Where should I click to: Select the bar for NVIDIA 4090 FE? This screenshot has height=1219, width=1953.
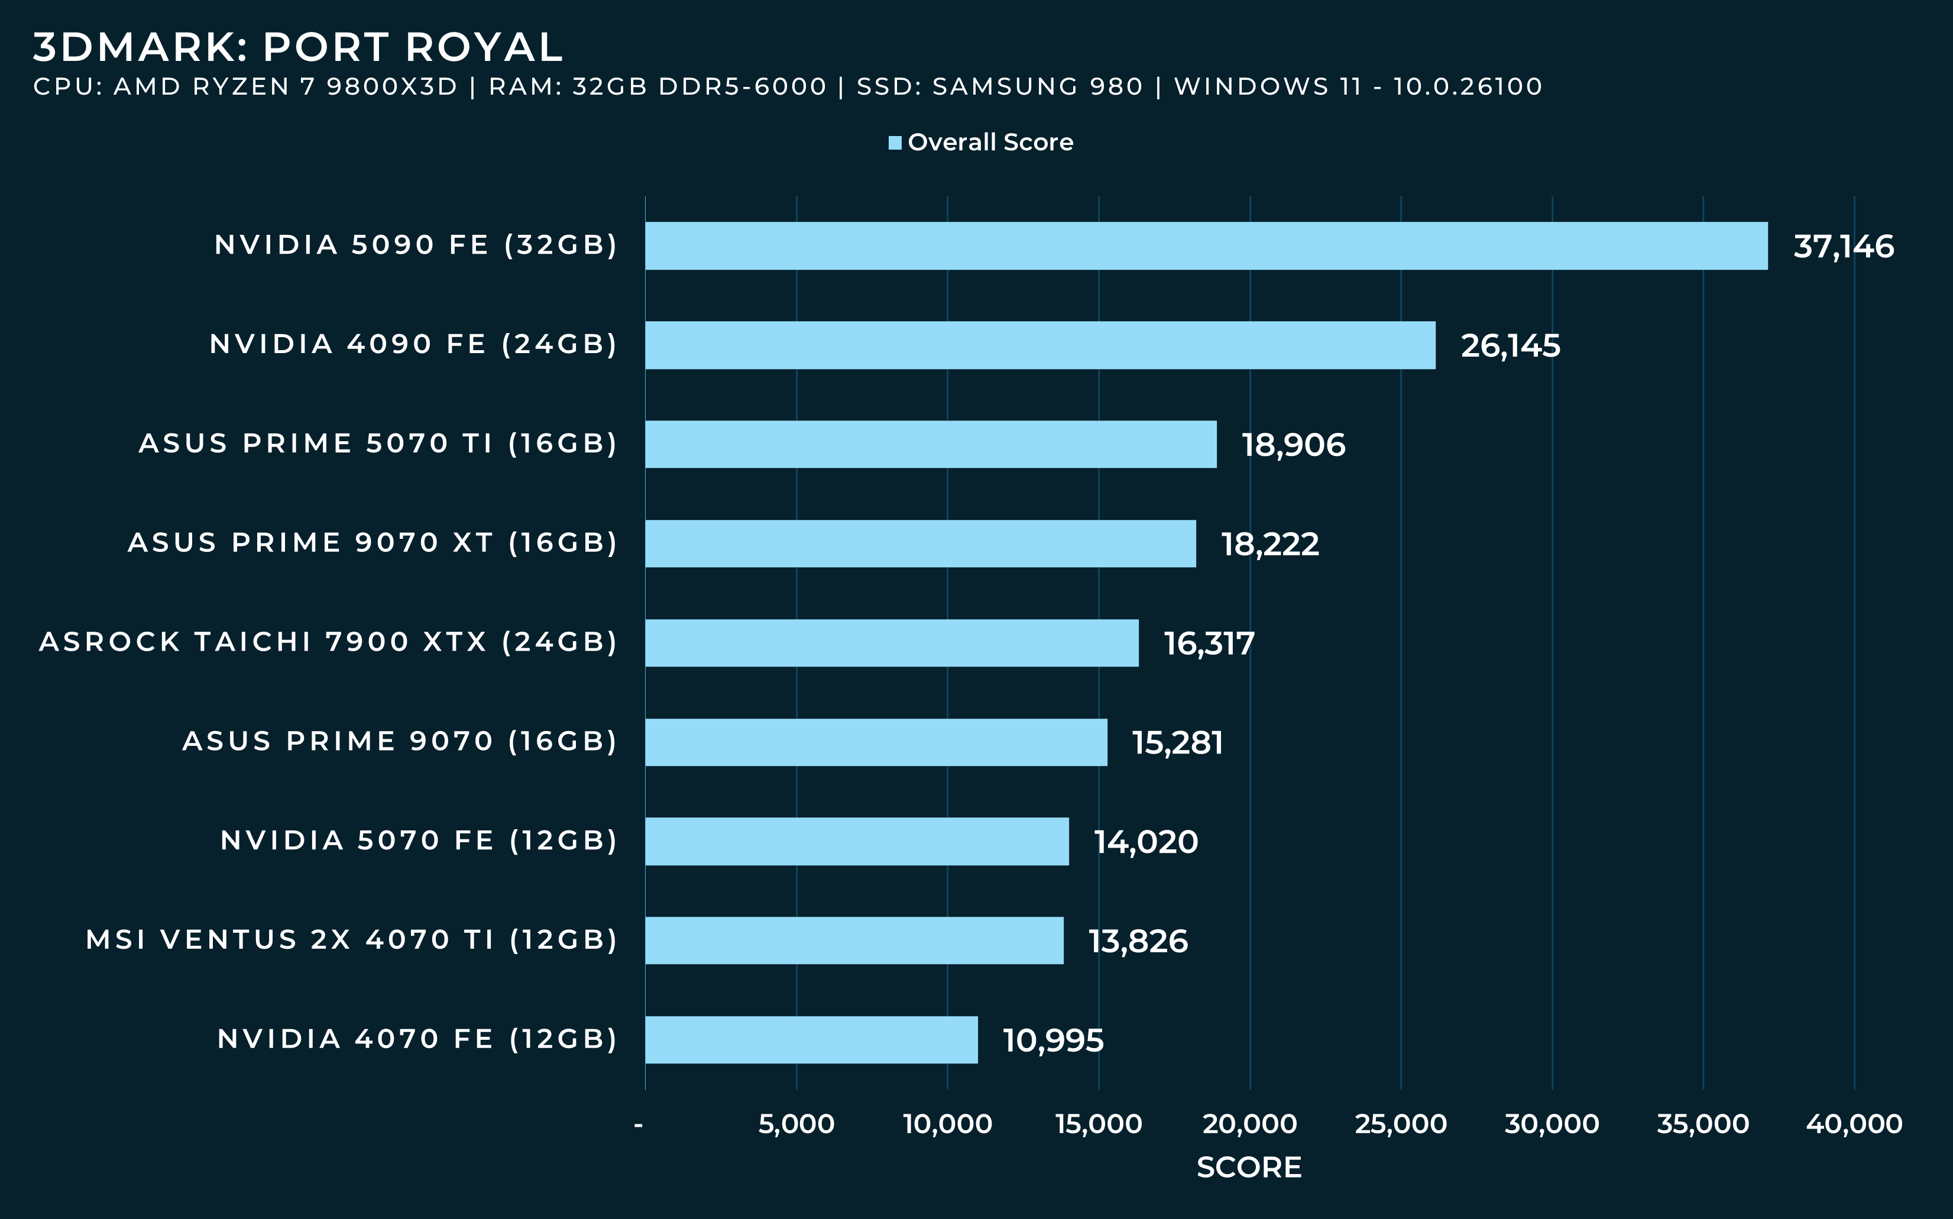tap(1040, 345)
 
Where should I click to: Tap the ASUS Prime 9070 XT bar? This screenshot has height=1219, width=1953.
tap(921, 544)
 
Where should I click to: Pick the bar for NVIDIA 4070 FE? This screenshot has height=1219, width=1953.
tap(811, 1039)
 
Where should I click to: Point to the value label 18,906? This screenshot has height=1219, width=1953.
tap(1293, 445)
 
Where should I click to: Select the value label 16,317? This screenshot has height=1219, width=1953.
tap(1209, 644)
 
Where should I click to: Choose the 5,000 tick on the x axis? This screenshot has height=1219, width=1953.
tap(796, 1123)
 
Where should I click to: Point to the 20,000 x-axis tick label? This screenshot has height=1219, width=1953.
tap(1249, 1123)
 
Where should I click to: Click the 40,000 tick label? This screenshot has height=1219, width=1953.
tap(1854, 1123)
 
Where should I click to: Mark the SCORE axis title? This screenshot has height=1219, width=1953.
tap(1249, 1166)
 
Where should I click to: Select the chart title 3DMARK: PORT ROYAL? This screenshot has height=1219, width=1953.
tap(297, 47)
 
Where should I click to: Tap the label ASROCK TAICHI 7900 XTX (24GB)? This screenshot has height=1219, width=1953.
tap(328, 642)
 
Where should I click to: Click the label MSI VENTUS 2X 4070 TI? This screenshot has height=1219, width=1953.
tap(351, 939)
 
